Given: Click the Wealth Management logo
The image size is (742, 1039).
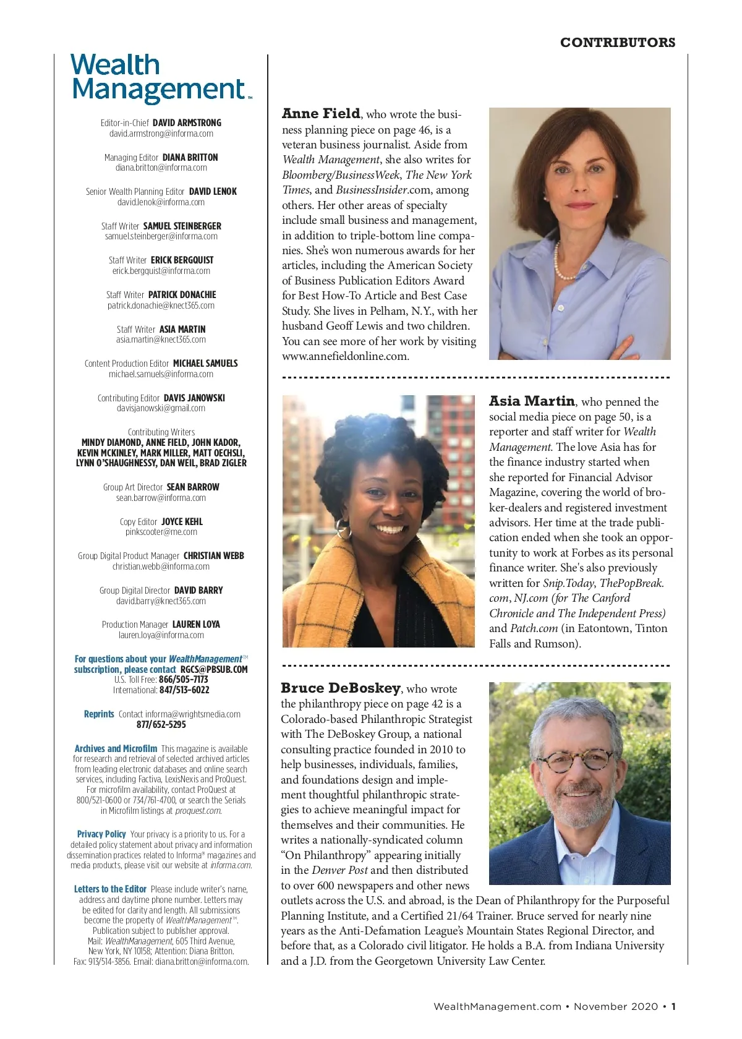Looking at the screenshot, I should pyautogui.click(x=160, y=78).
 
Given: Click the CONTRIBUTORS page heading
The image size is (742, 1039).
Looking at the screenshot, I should pyautogui.click(x=617, y=43).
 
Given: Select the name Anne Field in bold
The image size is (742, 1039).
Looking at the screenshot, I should pyautogui.click(x=321, y=114).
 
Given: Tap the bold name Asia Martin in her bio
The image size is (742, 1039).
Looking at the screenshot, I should pyautogui.click(x=532, y=401).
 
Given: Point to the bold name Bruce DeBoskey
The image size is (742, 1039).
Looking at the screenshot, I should pyautogui.click(x=341, y=688).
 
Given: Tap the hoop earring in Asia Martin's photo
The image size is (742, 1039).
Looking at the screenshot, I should pyautogui.click(x=343, y=529).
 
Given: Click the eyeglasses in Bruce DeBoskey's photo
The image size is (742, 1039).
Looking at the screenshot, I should pyautogui.click(x=580, y=760).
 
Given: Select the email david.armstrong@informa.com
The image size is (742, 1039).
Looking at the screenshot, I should pyautogui.click(x=161, y=134).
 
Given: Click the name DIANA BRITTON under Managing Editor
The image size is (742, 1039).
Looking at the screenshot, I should pyautogui.click(x=190, y=158).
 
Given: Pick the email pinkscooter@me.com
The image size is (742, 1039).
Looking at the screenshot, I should pyautogui.click(x=161, y=532).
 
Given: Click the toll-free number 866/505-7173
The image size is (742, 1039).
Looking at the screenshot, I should pyautogui.click(x=183, y=680).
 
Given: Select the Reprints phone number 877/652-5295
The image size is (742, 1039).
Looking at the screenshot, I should pyautogui.click(x=161, y=725).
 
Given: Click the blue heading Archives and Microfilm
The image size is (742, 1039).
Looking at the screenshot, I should pyautogui.click(x=116, y=749).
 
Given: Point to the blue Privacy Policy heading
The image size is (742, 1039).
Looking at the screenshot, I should pyautogui.click(x=101, y=834).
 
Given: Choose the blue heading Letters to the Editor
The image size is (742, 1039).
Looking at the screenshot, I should pyautogui.click(x=110, y=889).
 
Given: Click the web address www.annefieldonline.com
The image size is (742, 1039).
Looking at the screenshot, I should pyautogui.click(x=345, y=356).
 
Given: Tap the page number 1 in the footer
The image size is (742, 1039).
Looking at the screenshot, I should pyautogui.click(x=673, y=1006).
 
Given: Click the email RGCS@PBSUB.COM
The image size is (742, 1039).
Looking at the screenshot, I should pyautogui.click(x=214, y=670).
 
